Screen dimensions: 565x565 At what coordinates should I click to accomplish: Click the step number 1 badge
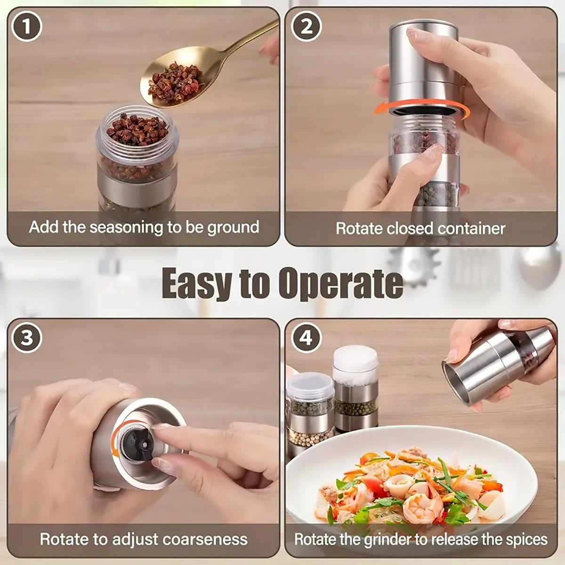coord(27,27)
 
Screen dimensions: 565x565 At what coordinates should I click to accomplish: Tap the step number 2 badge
coord(306,27)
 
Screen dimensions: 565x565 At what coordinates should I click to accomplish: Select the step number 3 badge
coord(27,338)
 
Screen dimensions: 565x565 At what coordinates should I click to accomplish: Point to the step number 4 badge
coord(306,338)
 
